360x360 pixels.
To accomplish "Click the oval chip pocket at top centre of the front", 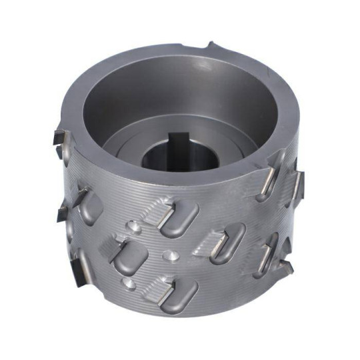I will click(x=179, y=217).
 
